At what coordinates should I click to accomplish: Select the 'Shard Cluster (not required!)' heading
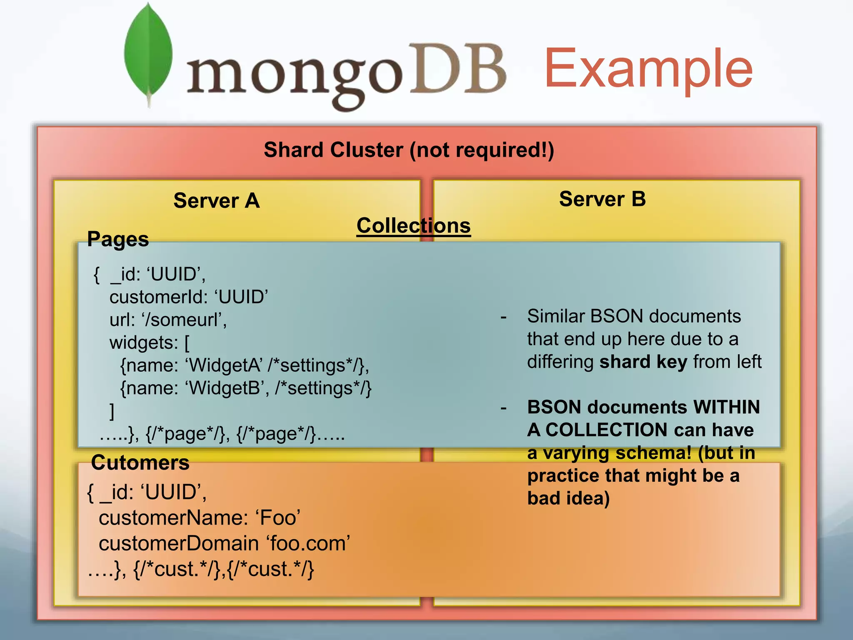pos(409,150)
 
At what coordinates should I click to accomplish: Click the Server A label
pos(217,201)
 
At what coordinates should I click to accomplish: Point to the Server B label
pos(602,199)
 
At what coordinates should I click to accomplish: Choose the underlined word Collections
pos(414,226)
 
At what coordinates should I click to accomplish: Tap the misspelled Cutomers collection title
pos(140,462)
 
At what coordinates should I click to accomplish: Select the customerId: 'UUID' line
pos(188,297)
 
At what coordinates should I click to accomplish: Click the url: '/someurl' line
pos(168,320)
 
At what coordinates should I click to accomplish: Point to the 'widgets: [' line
pos(149,342)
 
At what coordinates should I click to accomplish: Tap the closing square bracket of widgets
pos(112,411)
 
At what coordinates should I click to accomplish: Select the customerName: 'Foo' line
pos(200,518)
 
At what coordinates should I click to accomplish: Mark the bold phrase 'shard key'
pos(643,362)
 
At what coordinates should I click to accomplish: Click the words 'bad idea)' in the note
pos(568,498)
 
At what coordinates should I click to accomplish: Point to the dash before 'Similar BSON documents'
pos(504,317)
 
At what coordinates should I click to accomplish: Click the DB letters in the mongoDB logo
pos(457,69)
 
